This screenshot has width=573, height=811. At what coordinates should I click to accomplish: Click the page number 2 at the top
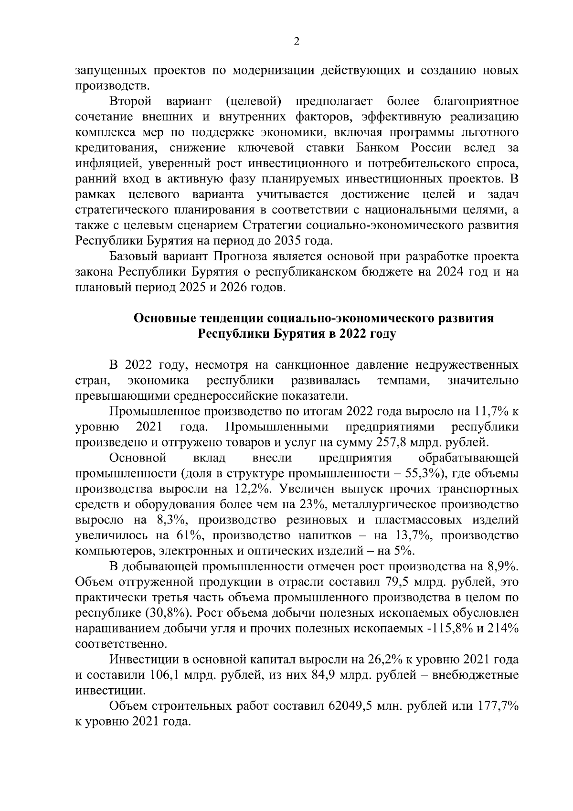click(296, 42)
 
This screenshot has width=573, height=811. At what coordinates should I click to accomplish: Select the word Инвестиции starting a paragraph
click(143, 660)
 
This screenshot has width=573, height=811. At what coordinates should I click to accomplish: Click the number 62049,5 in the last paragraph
click(351, 706)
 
